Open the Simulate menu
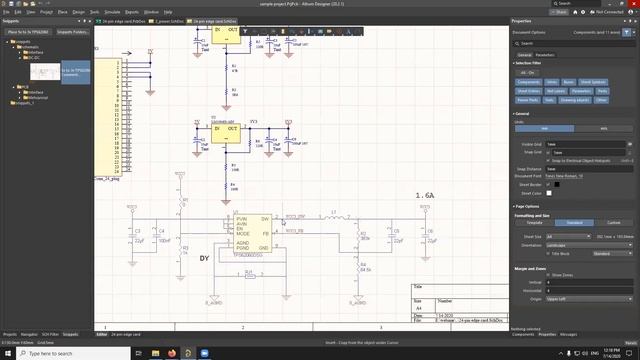coord(127,11)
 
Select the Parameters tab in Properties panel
coord(546,55)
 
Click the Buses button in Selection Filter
coord(569,81)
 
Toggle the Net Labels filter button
coord(550,91)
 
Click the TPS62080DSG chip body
coord(251,231)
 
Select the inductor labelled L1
coord(331,216)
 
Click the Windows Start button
coord(5,353)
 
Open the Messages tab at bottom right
coord(568,334)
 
